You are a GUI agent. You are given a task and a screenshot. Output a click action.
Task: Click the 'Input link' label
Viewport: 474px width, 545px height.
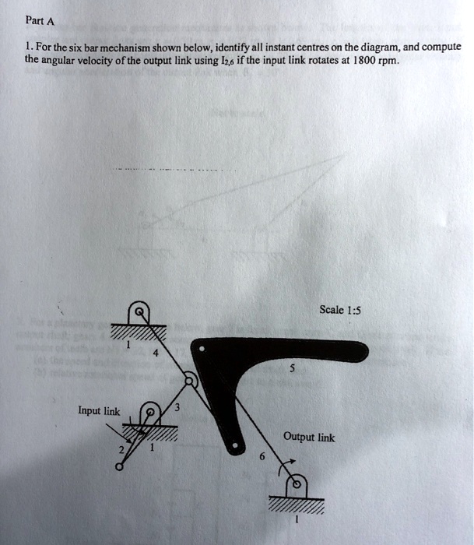point(98,410)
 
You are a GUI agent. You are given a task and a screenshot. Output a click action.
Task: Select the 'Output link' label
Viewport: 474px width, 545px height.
point(309,438)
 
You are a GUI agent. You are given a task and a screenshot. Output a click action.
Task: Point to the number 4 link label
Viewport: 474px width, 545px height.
point(156,353)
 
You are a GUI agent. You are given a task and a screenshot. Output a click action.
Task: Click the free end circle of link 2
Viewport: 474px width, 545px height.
point(118,468)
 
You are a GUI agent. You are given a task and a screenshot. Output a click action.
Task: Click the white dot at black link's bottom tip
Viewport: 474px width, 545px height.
point(239,447)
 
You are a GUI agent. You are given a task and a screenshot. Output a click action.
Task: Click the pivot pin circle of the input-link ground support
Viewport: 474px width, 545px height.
point(153,411)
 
